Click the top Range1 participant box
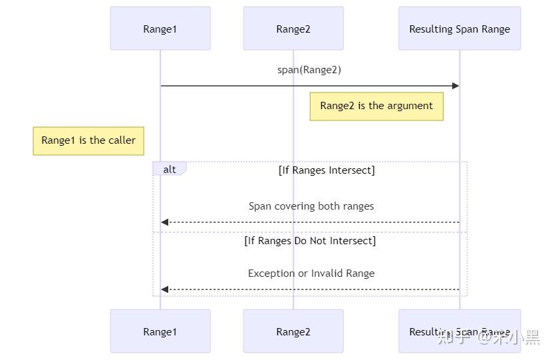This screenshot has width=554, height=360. [160, 29]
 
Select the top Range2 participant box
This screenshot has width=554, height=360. [293, 29]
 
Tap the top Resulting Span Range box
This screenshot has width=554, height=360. [460, 29]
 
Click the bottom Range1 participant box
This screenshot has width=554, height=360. [160, 331]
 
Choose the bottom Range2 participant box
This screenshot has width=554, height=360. [293, 331]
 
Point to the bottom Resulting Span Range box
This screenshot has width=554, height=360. [460, 331]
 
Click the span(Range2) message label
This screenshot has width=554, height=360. [309, 70]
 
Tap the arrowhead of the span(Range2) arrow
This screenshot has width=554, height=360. [456, 86]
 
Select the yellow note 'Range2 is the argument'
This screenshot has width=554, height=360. [376, 106]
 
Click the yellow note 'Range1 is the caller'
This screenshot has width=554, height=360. [88, 141]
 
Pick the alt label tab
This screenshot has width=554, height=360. [170, 168]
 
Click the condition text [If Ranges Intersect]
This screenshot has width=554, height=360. [327, 170]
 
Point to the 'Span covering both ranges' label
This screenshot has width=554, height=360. [311, 206]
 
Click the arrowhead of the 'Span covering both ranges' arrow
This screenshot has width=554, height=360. [164, 222]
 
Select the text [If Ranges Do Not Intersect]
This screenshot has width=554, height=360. [310, 240]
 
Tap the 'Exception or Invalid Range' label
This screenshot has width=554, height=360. [311, 273]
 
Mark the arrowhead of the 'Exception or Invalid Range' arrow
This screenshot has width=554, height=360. [164, 289]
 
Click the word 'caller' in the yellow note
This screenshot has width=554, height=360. [121, 140]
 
